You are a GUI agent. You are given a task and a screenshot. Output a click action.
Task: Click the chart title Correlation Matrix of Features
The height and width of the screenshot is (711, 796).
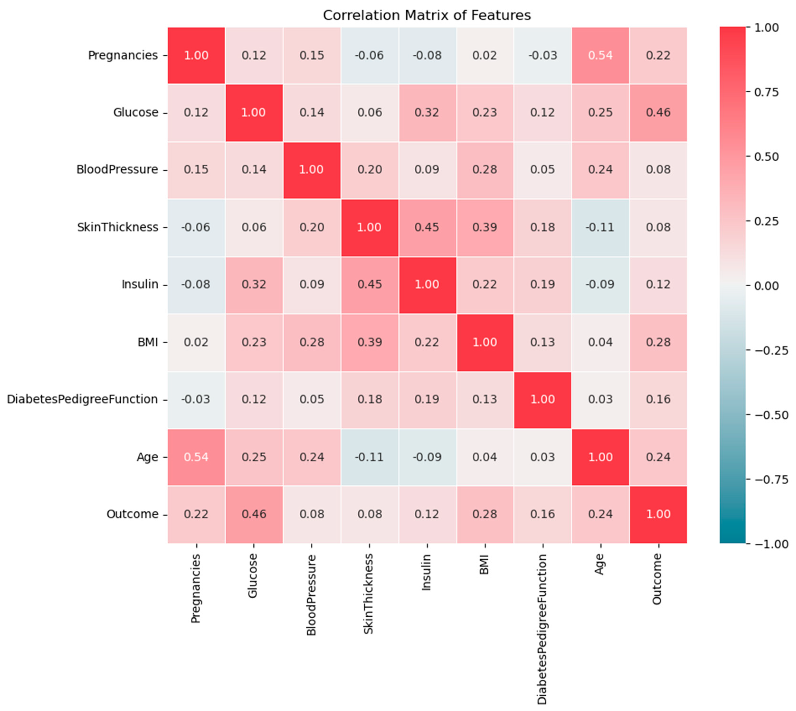[427, 15]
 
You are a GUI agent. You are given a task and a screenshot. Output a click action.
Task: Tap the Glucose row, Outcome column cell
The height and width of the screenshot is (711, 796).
[658, 113]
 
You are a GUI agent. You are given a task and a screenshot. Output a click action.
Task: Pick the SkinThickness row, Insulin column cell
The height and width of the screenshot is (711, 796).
[427, 227]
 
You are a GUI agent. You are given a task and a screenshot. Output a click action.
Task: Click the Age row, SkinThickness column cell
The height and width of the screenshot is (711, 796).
[369, 457]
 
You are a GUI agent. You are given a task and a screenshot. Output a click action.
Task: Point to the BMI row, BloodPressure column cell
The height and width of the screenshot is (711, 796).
[312, 342]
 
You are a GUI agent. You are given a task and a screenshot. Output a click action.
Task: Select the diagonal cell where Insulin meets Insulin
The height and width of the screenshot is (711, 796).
[427, 284]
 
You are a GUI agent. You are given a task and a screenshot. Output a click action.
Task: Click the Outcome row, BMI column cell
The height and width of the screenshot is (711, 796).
[485, 514]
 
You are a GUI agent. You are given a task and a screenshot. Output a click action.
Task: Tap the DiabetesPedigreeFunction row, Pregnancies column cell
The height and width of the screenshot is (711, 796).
[196, 399]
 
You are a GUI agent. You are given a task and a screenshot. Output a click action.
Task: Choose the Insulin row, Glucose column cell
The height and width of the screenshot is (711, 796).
[254, 284]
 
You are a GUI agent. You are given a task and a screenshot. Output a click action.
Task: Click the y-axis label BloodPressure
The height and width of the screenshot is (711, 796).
[117, 170]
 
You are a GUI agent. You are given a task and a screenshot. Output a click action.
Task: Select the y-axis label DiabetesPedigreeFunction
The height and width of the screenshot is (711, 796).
[83, 399]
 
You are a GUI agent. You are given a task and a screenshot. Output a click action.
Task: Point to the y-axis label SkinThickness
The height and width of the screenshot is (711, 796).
[118, 227]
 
